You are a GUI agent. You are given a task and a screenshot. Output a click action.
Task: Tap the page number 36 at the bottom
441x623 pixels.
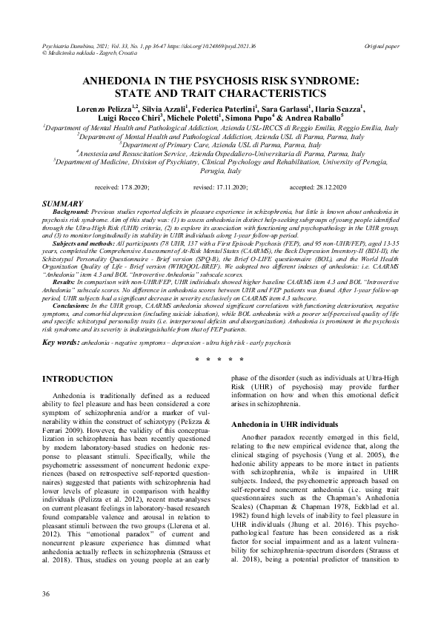pos(47,595)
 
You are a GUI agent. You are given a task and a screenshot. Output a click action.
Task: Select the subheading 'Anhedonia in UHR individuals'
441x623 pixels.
pos(285,425)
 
